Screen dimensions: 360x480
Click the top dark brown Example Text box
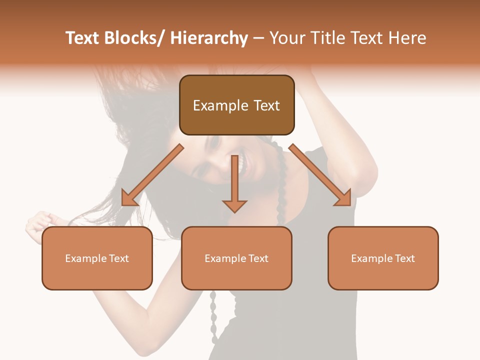tap(236, 105)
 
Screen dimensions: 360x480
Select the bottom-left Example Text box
tap(97, 258)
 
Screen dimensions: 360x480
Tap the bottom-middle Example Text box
tap(236, 258)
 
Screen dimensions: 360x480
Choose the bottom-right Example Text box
tap(383, 258)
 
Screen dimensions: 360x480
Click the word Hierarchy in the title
tap(208, 38)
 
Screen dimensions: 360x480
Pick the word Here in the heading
tap(405, 38)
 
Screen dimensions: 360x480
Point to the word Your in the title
tap(287, 38)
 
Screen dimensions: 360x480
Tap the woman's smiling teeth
tap(244, 164)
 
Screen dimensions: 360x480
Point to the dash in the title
tap(258, 38)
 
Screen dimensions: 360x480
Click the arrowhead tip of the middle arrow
tap(234, 211)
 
